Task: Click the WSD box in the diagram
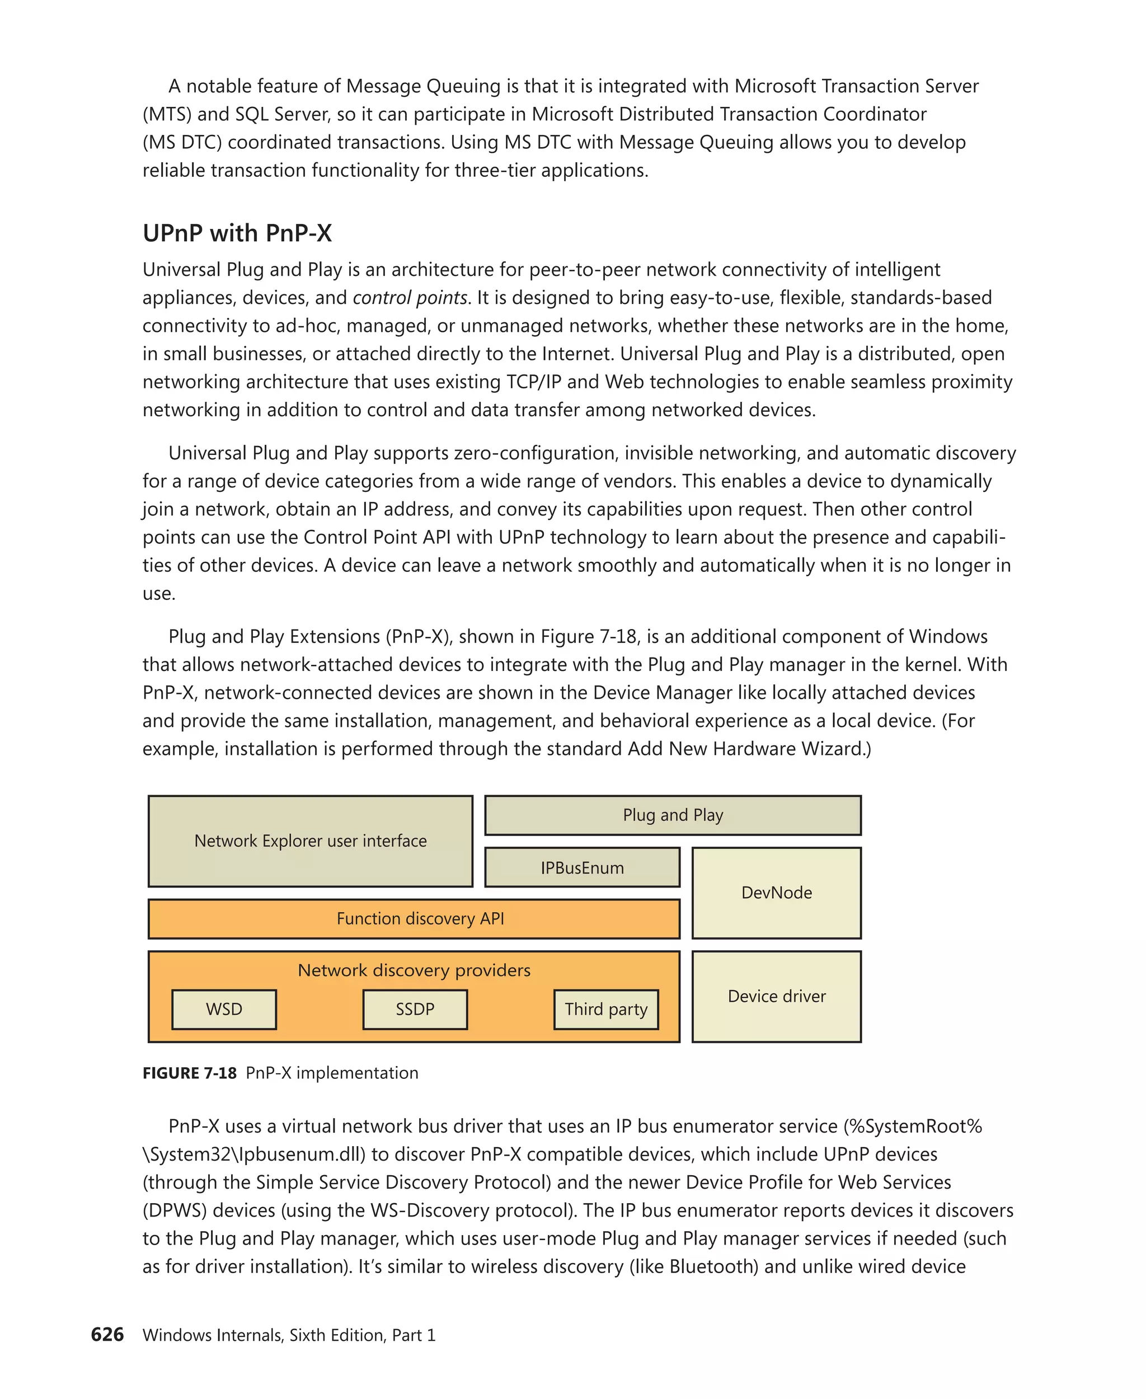pos(224,1009)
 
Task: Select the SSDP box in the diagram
pos(415,1009)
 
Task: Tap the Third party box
pos(606,1009)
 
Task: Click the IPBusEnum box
pos(581,867)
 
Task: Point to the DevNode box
pos(776,893)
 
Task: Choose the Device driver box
pos(776,996)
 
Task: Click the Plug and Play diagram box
pos(673,815)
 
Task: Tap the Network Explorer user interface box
pos(310,841)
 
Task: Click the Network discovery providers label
pos(414,970)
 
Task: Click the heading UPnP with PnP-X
pos(237,233)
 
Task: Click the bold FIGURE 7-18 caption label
pos(190,1073)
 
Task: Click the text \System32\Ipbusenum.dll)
pos(254,1154)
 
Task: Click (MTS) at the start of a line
pos(167,114)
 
